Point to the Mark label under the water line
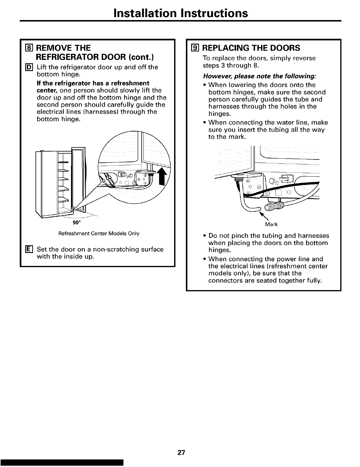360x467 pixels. point(271,225)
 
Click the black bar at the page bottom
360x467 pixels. point(62,463)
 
